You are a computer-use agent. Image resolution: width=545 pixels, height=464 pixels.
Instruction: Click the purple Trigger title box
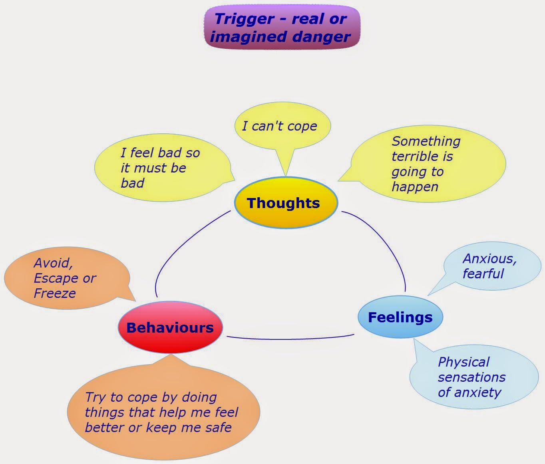pyautogui.click(x=282, y=28)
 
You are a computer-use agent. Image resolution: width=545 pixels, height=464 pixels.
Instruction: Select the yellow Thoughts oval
pyautogui.click(x=286, y=203)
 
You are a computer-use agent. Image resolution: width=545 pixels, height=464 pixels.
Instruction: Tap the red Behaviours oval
pyautogui.click(x=170, y=328)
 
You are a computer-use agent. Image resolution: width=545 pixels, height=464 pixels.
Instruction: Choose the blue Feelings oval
pyautogui.click(x=400, y=317)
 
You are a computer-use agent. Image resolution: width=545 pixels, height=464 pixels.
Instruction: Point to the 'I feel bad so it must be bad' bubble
pyautogui.click(x=160, y=168)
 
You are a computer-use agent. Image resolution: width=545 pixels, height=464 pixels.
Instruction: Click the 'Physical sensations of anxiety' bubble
pyautogui.click(x=473, y=377)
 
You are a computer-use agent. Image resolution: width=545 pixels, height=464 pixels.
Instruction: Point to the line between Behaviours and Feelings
pyautogui.click(x=290, y=339)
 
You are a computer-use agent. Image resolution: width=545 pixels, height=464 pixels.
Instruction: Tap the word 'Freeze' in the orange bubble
pyautogui.click(x=55, y=293)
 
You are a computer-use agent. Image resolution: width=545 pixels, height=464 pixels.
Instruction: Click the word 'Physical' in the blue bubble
pyautogui.click(x=463, y=362)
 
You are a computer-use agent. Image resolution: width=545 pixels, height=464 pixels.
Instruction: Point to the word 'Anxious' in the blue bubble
pyautogui.click(x=489, y=259)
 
